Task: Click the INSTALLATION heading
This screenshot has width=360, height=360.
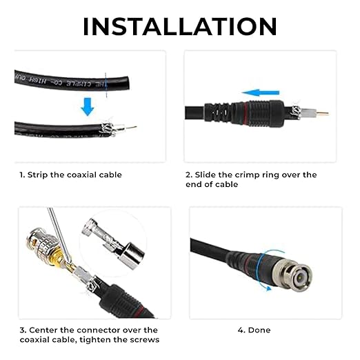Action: (180, 26)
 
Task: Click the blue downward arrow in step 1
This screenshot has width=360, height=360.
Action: (88, 107)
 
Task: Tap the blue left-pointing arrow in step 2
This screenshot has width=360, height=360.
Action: (261, 92)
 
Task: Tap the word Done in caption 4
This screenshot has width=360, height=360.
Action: (259, 330)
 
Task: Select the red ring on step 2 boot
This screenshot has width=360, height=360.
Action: (246, 113)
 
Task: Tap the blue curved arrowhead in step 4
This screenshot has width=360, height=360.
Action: (268, 288)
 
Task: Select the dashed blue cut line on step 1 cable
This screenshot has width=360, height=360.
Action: (106, 85)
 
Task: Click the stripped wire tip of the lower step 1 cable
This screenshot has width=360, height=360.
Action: (131, 127)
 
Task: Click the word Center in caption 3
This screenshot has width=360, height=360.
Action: (43, 330)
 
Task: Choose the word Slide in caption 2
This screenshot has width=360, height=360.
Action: (206, 175)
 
